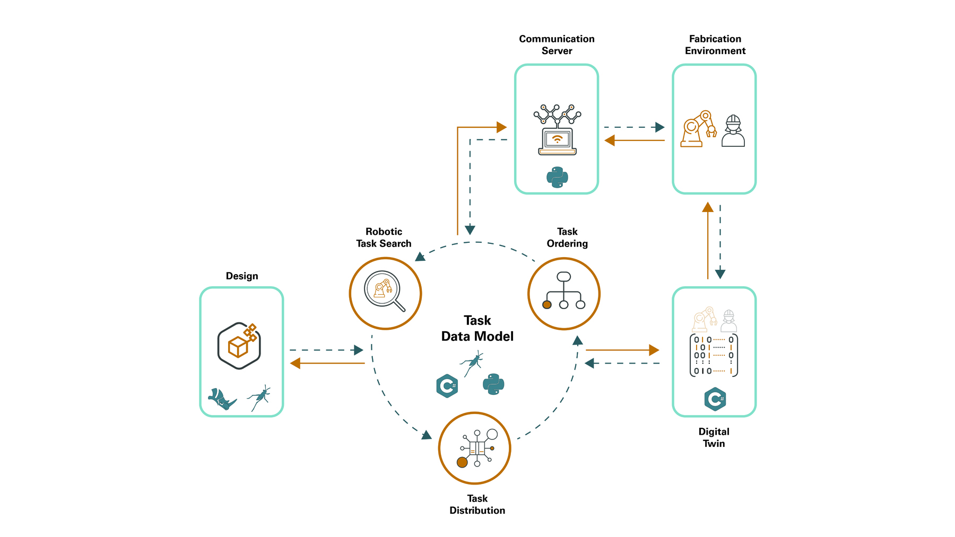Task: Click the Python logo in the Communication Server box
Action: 557,177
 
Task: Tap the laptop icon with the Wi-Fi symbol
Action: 557,141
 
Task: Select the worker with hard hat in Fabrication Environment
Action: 733,131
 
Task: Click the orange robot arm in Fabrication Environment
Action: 698,129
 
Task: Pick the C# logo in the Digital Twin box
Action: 715,399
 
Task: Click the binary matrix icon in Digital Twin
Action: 714,355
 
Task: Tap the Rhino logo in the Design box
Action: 222,399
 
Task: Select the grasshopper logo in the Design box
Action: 259,398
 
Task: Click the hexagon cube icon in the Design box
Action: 239,346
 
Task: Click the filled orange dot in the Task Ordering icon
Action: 547,305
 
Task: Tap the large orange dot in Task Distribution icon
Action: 462,463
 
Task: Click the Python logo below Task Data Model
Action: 493,384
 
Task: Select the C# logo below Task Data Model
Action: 447,386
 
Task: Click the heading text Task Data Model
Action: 477,328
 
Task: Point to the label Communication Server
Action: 557,45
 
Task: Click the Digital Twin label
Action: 714,437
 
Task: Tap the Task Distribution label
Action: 477,504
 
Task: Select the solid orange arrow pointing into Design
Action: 327,363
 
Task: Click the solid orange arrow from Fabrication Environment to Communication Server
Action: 635,140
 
